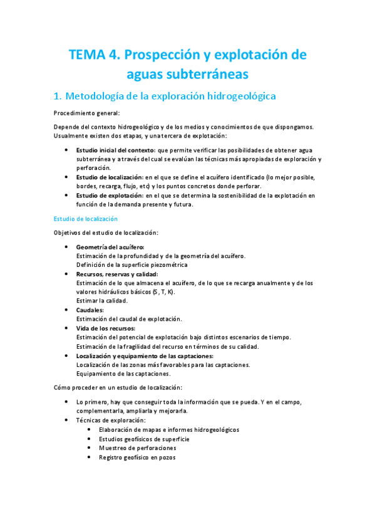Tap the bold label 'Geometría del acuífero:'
(x=110, y=247)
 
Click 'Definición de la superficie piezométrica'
(x=131, y=264)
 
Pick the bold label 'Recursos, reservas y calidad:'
(x=117, y=274)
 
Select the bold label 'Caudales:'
(x=90, y=310)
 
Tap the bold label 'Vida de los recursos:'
(x=105, y=328)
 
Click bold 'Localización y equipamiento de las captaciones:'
(x=145, y=356)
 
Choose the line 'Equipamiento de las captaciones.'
(x=123, y=373)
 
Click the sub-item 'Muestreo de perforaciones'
(x=137, y=448)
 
